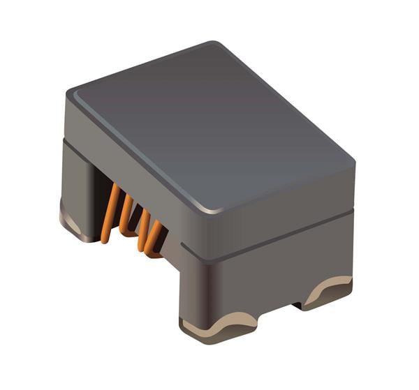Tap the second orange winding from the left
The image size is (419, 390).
[x=126, y=213]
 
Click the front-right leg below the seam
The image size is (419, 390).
[x=203, y=286]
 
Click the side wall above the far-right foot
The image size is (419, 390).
[x=328, y=251]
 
